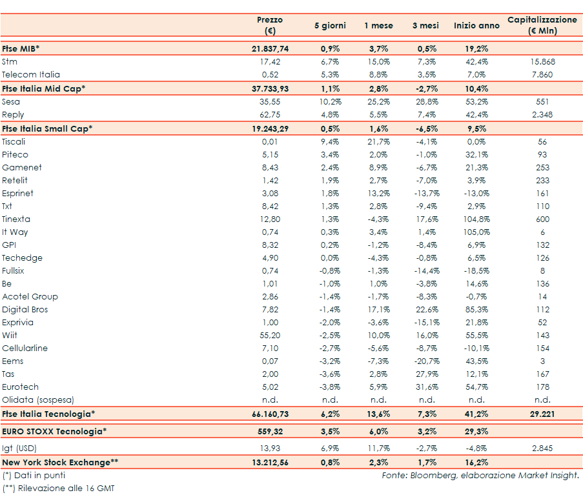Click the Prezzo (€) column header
pos(270,25)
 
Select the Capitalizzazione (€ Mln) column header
pos(542,25)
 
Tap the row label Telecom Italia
pos(31,75)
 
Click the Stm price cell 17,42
pos(270,62)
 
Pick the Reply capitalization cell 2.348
pos(542,114)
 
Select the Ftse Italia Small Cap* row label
pos(48,128)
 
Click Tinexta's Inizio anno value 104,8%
pos(476,219)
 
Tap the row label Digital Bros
pos(25,309)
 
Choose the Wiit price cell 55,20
pos(270,335)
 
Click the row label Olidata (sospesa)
pos(38,399)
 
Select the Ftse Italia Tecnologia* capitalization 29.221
pos(542,414)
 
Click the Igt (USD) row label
pos(19,447)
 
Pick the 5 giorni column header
pos(330,25)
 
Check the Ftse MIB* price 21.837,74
pos(270,48)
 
